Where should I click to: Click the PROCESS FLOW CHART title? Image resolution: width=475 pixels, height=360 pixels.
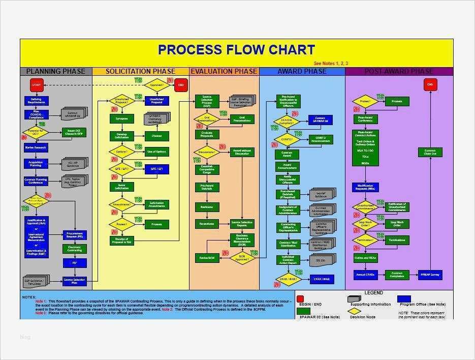236,50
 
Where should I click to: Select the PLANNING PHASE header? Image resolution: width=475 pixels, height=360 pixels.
56,71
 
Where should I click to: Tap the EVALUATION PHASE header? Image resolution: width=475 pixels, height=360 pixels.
224,71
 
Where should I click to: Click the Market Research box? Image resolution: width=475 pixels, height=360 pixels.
36,148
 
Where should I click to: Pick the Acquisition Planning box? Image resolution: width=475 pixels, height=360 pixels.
36,164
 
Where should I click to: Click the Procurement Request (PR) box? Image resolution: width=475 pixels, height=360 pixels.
74,234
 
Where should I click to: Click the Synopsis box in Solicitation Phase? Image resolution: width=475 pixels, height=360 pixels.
121,118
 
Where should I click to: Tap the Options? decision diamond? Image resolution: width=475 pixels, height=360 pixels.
121,152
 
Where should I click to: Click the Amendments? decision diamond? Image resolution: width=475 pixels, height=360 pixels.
121,204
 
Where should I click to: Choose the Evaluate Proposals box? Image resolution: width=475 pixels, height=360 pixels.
207,135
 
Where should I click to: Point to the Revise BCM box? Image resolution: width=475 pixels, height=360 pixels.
207,258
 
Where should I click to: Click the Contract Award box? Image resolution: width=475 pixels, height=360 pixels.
287,154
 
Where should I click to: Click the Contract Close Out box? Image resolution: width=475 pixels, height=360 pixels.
430,152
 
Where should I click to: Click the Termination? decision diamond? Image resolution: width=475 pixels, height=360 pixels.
365,240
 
